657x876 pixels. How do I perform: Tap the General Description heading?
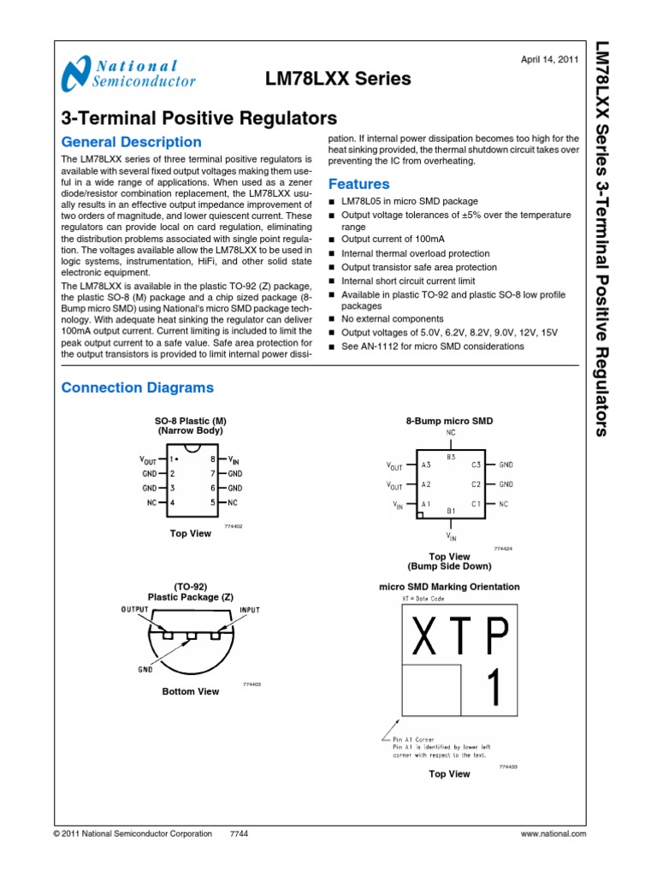[132, 142]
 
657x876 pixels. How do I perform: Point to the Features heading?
[359, 184]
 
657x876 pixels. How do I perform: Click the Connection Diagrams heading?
[138, 388]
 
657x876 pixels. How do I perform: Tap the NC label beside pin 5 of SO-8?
[233, 502]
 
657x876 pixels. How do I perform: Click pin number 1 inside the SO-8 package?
[172, 459]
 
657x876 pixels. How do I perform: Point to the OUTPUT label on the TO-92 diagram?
[135, 609]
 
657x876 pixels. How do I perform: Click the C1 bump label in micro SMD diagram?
[476, 505]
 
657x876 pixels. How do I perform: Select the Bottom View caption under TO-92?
[191, 691]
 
